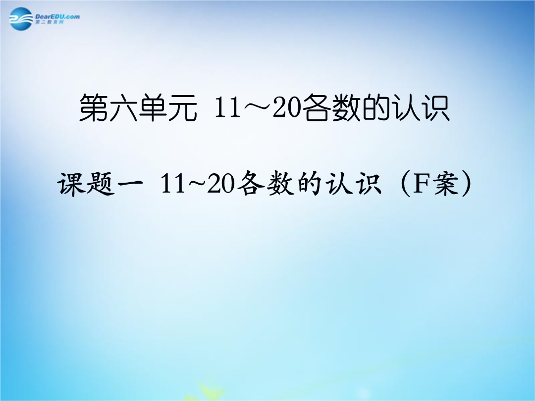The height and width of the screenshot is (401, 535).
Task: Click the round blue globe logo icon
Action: (20, 19)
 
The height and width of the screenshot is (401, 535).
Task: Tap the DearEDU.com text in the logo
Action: (57, 16)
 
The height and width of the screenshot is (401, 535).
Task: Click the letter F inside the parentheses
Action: (421, 184)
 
